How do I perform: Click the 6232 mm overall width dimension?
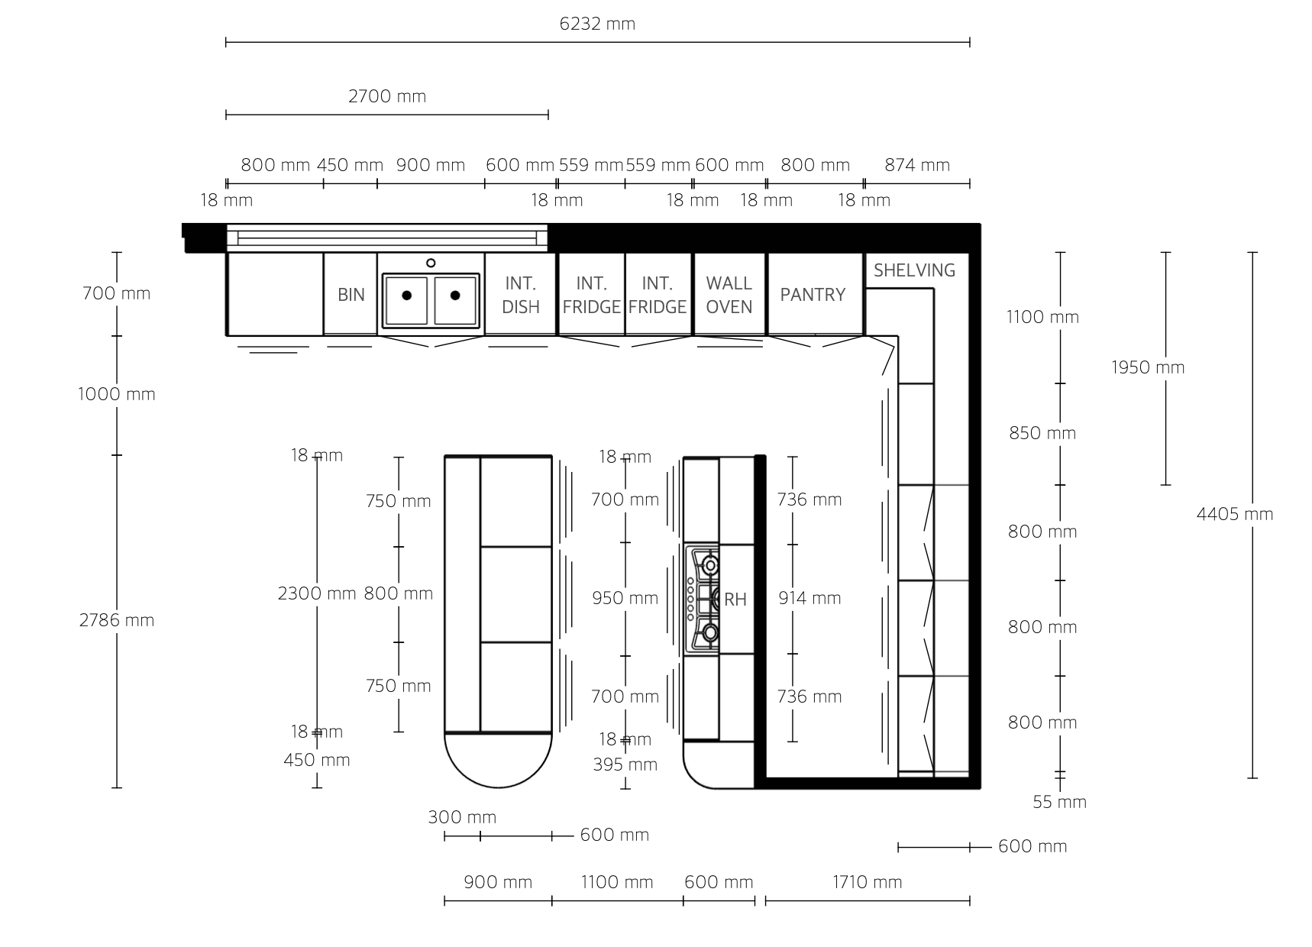click(597, 24)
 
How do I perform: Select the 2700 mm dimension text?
click(387, 96)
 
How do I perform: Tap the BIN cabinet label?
click(351, 295)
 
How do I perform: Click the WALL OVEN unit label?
click(729, 295)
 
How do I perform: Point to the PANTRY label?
click(813, 295)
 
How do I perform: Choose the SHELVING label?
click(914, 270)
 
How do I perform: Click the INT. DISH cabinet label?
click(521, 295)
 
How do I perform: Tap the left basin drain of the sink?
click(407, 296)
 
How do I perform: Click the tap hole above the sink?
click(431, 263)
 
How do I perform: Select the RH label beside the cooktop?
click(735, 600)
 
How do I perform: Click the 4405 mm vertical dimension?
click(1235, 515)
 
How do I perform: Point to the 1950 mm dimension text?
click(1148, 367)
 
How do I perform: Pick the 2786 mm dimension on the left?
click(117, 620)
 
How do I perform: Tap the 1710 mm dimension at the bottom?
click(867, 882)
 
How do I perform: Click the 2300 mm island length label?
click(317, 593)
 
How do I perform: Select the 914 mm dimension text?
click(809, 598)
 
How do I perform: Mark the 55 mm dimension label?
click(1059, 802)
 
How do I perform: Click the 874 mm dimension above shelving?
click(917, 165)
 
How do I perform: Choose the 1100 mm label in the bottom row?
click(617, 882)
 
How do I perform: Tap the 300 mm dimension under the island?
click(462, 817)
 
